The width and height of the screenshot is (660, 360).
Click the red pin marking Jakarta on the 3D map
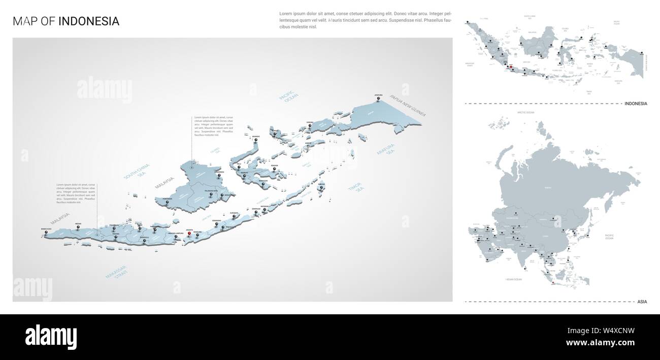coord(189,233)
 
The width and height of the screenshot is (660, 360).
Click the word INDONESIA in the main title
coord(89,21)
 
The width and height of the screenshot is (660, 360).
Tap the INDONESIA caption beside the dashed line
coord(636,104)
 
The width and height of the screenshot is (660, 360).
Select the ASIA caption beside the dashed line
coord(642,302)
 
